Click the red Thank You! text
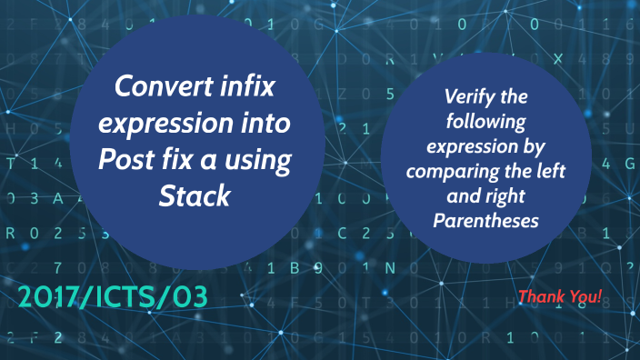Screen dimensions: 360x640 560,296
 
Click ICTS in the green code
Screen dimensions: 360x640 135,296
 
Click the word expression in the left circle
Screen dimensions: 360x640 160,124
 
